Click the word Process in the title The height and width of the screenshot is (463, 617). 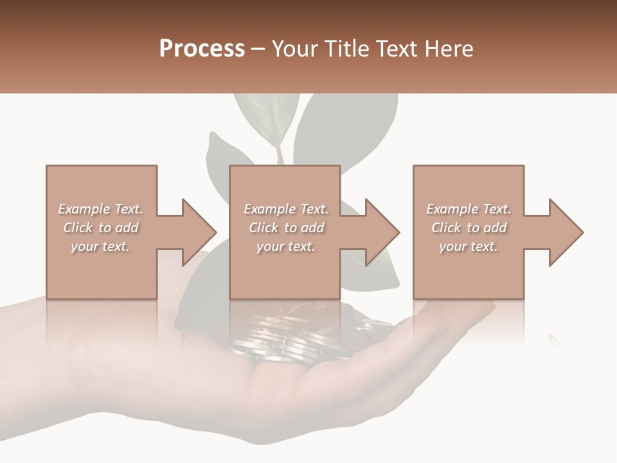tap(202, 49)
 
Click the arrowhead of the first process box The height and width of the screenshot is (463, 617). tap(200, 232)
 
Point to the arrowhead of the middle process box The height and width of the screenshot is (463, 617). tap(383, 232)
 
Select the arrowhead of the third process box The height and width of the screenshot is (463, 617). tap(566, 232)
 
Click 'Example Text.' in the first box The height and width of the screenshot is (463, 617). tap(100, 209)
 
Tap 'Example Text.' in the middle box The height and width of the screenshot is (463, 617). tap(286, 209)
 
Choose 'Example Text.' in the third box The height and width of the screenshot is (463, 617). tap(469, 209)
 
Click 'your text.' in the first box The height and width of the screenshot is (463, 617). tap(100, 246)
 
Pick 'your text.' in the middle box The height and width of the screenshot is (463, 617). tap(286, 246)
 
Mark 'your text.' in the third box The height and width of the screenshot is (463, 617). tap(469, 246)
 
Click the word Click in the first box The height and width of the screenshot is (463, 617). tap(78, 228)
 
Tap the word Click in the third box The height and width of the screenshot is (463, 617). tap(446, 228)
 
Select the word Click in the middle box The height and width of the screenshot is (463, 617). tap(264, 228)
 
